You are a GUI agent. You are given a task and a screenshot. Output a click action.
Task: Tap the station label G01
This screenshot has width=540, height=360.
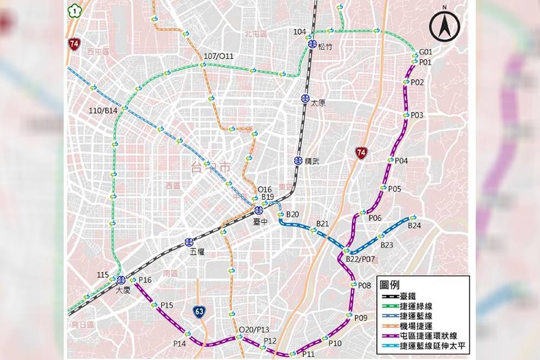426,52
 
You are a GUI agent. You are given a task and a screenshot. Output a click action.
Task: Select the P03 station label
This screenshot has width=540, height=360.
417,116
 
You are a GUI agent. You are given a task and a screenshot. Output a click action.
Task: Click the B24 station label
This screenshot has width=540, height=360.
414,226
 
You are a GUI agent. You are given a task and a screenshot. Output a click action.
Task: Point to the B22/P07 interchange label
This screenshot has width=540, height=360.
360,260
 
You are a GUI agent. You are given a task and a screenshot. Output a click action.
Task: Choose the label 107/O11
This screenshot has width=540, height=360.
219,56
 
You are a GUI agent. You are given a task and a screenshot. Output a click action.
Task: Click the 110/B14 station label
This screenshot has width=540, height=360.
103,111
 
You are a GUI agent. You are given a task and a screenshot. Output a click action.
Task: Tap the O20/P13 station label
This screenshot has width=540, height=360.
254,330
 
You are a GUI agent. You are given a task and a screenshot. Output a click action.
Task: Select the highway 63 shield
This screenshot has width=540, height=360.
200,311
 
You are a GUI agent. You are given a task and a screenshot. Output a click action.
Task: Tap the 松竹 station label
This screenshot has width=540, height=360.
325,46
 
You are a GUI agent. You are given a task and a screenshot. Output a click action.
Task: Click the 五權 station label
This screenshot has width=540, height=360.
197,252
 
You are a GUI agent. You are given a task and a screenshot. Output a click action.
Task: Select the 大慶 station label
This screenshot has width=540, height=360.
123,290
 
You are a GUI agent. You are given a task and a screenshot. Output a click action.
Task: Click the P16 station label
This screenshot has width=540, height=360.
145,280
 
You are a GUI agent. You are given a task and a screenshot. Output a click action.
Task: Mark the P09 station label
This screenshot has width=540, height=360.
361,318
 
